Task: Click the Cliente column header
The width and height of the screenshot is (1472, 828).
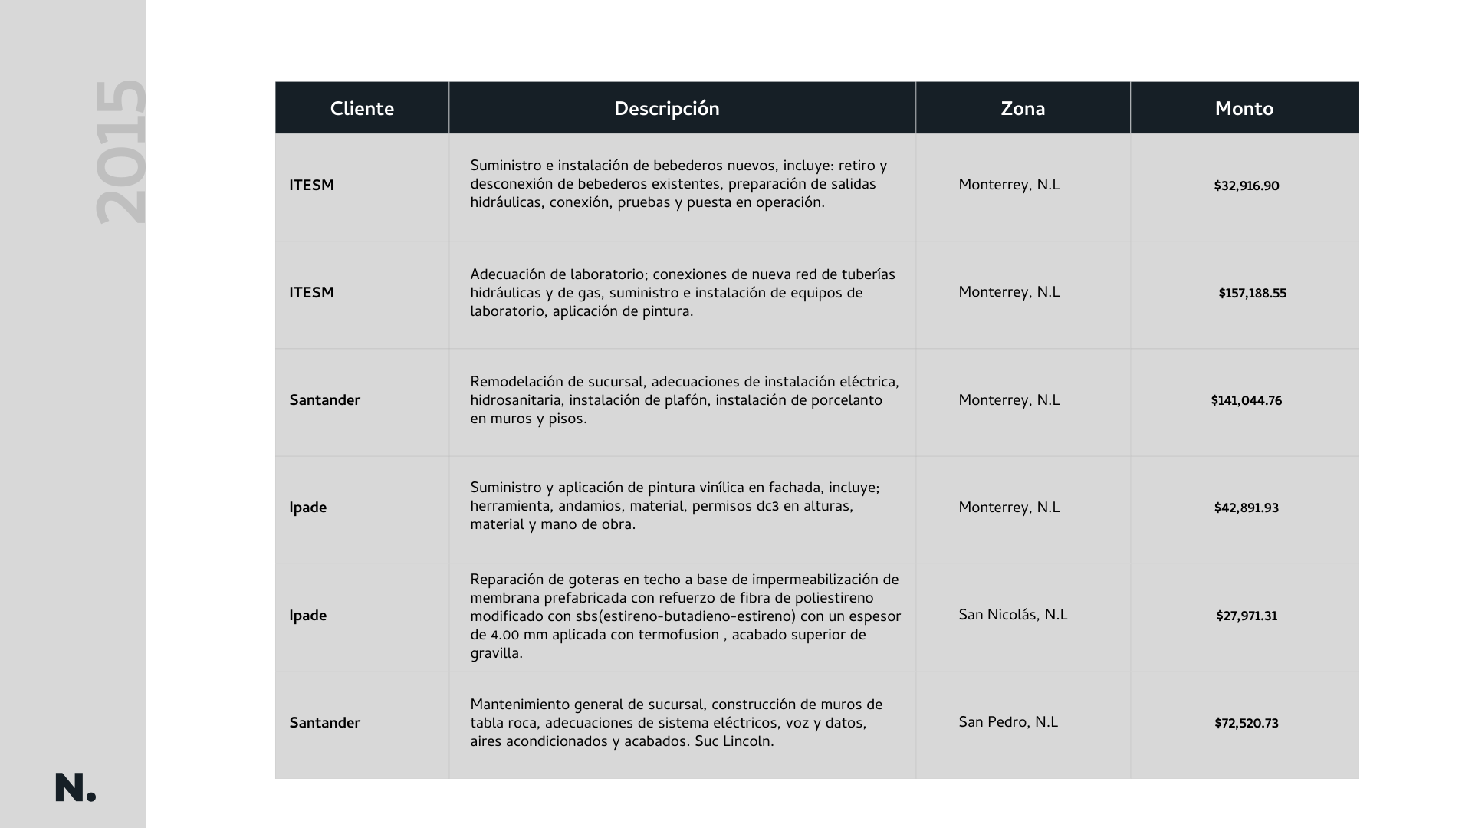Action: pyautogui.click(x=362, y=109)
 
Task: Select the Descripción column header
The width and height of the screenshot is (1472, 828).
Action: pyautogui.click(x=666, y=109)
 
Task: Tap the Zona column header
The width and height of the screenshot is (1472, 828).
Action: pyautogui.click(x=1022, y=109)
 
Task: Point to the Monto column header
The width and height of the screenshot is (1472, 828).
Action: pyautogui.click(x=1244, y=109)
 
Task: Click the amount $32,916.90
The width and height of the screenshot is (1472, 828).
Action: pyautogui.click(x=1246, y=186)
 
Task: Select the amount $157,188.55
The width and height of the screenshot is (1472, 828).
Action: pyautogui.click(x=1252, y=294)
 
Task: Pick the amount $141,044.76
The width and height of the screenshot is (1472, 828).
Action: pyautogui.click(x=1246, y=401)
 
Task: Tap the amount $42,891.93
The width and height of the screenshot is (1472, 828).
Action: pyautogui.click(x=1246, y=508)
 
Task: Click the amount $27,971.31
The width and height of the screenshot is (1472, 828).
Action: pyautogui.click(x=1246, y=616)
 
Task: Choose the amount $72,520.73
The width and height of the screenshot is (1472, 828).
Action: pyautogui.click(x=1246, y=724)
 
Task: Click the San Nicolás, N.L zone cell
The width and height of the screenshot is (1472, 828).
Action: pyautogui.click(x=1012, y=615)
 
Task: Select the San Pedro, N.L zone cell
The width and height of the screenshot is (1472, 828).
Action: pyautogui.click(x=1007, y=722)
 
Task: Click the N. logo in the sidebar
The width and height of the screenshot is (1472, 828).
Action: pyautogui.click(x=75, y=787)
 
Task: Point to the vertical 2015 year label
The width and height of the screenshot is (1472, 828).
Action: pyautogui.click(x=120, y=152)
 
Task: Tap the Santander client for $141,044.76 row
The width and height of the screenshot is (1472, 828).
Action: pyautogui.click(x=324, y=400)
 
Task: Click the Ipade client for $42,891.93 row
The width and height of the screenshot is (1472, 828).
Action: pyautogui.click(x=307, y=508)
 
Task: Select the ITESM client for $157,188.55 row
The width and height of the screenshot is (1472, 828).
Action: pyautogui.click(x=311, y=293)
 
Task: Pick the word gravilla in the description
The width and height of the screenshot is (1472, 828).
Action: pyautogui.click(x=496, y=654)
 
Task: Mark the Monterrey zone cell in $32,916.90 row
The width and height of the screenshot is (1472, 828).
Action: pyautogui.click(x=1008, y=185)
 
